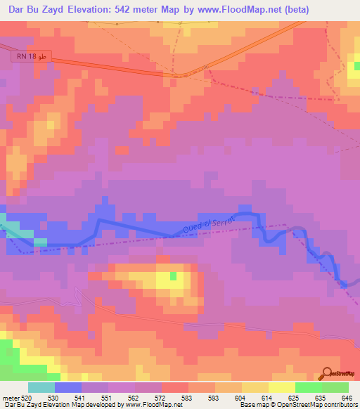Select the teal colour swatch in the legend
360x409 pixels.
(41, 387)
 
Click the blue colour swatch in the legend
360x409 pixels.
(68, 387)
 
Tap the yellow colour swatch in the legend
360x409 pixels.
(281, 387)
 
